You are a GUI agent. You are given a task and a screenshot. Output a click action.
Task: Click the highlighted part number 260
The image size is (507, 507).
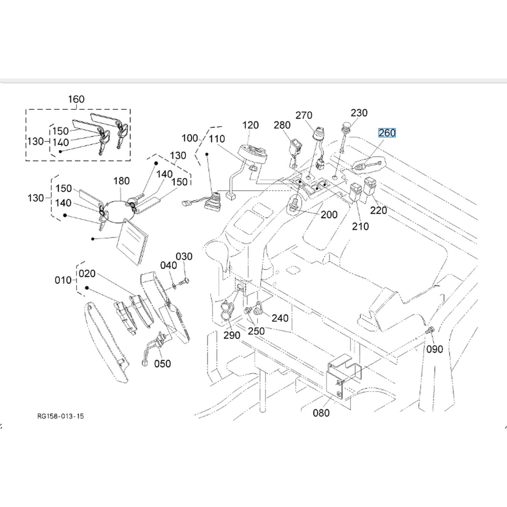point(387,133)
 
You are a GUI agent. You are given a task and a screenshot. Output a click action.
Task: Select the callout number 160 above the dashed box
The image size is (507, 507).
point(76,99)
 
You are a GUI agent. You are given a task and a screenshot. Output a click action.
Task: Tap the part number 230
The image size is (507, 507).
point(359,113)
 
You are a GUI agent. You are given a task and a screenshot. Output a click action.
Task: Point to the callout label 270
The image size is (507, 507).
point(304,115)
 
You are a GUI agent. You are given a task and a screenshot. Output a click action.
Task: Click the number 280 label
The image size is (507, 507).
point(282,125)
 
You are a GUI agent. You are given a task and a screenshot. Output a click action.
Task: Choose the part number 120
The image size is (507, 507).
point(250,125)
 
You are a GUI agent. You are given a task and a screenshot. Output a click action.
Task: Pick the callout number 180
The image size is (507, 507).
point(121,181)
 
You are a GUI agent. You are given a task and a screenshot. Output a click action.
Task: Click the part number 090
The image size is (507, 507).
point(435,349)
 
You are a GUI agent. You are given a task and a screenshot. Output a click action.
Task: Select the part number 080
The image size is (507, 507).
point(321,413)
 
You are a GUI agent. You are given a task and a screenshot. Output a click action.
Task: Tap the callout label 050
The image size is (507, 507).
point(162,364)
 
